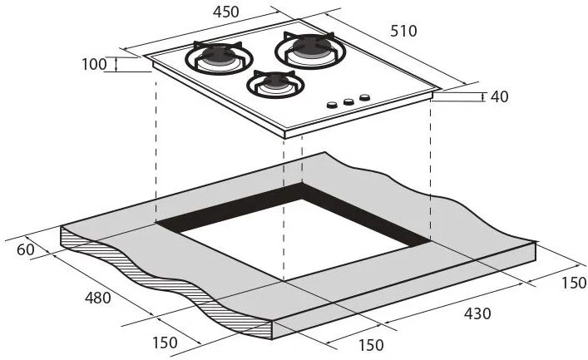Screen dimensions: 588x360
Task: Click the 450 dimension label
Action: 225,12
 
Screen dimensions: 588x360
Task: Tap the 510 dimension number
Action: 403,31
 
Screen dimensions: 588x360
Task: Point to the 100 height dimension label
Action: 95,64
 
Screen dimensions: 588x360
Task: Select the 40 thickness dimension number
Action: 500,96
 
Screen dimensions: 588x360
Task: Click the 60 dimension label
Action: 26,249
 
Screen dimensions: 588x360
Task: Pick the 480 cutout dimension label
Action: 98,298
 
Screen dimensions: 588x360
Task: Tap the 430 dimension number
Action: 477,313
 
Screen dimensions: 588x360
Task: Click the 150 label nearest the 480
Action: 165,343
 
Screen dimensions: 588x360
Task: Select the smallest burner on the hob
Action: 275,84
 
